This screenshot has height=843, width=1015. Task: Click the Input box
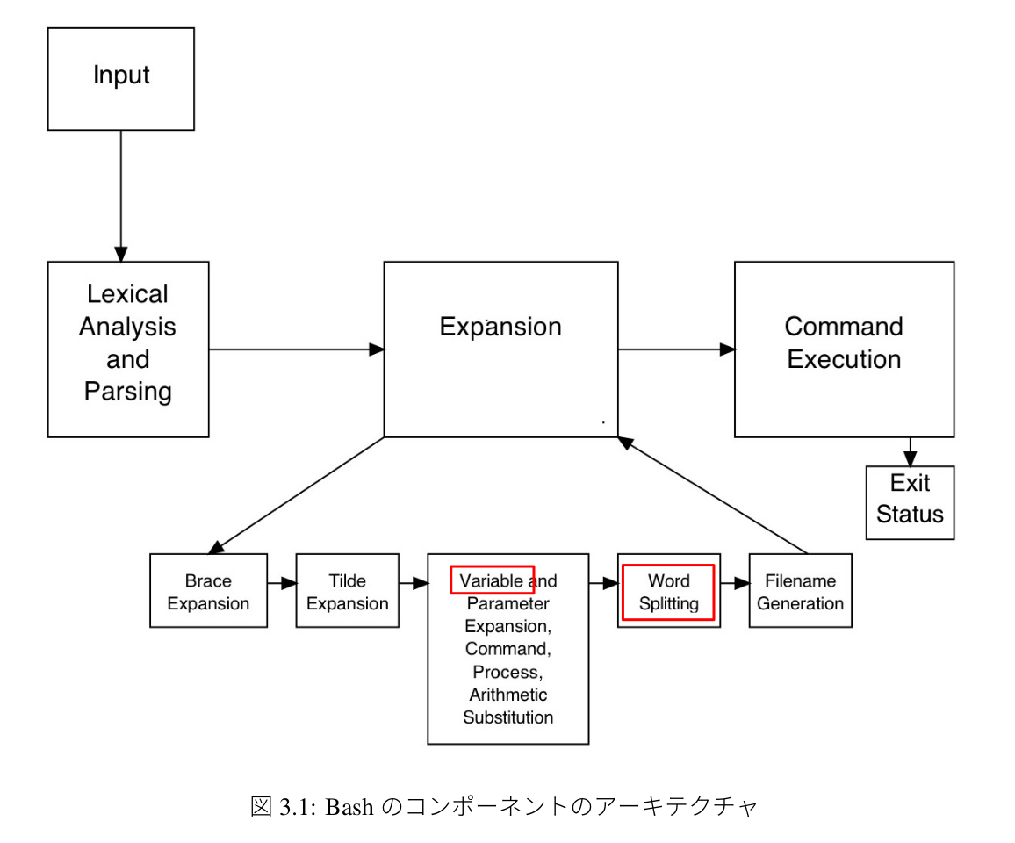click(x=121, y=79)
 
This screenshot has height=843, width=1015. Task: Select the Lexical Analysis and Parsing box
click(x=128, y=349)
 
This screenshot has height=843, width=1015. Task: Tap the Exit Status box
click(x=910, y=501)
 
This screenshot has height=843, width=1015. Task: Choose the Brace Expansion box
click(x=208, y=591)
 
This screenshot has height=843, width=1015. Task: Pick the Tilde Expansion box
click(x=347, y=591)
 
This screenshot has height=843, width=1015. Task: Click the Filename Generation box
click(x=800, y=591)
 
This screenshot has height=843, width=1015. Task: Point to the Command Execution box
click(x=844, y=349)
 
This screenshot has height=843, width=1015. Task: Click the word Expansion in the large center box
click(x=500, y=327)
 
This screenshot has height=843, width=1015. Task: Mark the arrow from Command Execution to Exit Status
click(x=911, y=451)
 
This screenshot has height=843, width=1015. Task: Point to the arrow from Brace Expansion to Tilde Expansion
click(x=281, y=582)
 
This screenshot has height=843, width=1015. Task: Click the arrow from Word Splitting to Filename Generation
click(x=734, y=582)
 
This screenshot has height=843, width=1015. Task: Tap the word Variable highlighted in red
click(x=491, y=581)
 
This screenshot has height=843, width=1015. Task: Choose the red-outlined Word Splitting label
click(x=669, y=593)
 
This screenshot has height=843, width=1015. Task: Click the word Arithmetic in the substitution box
click(x=507, y=695)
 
